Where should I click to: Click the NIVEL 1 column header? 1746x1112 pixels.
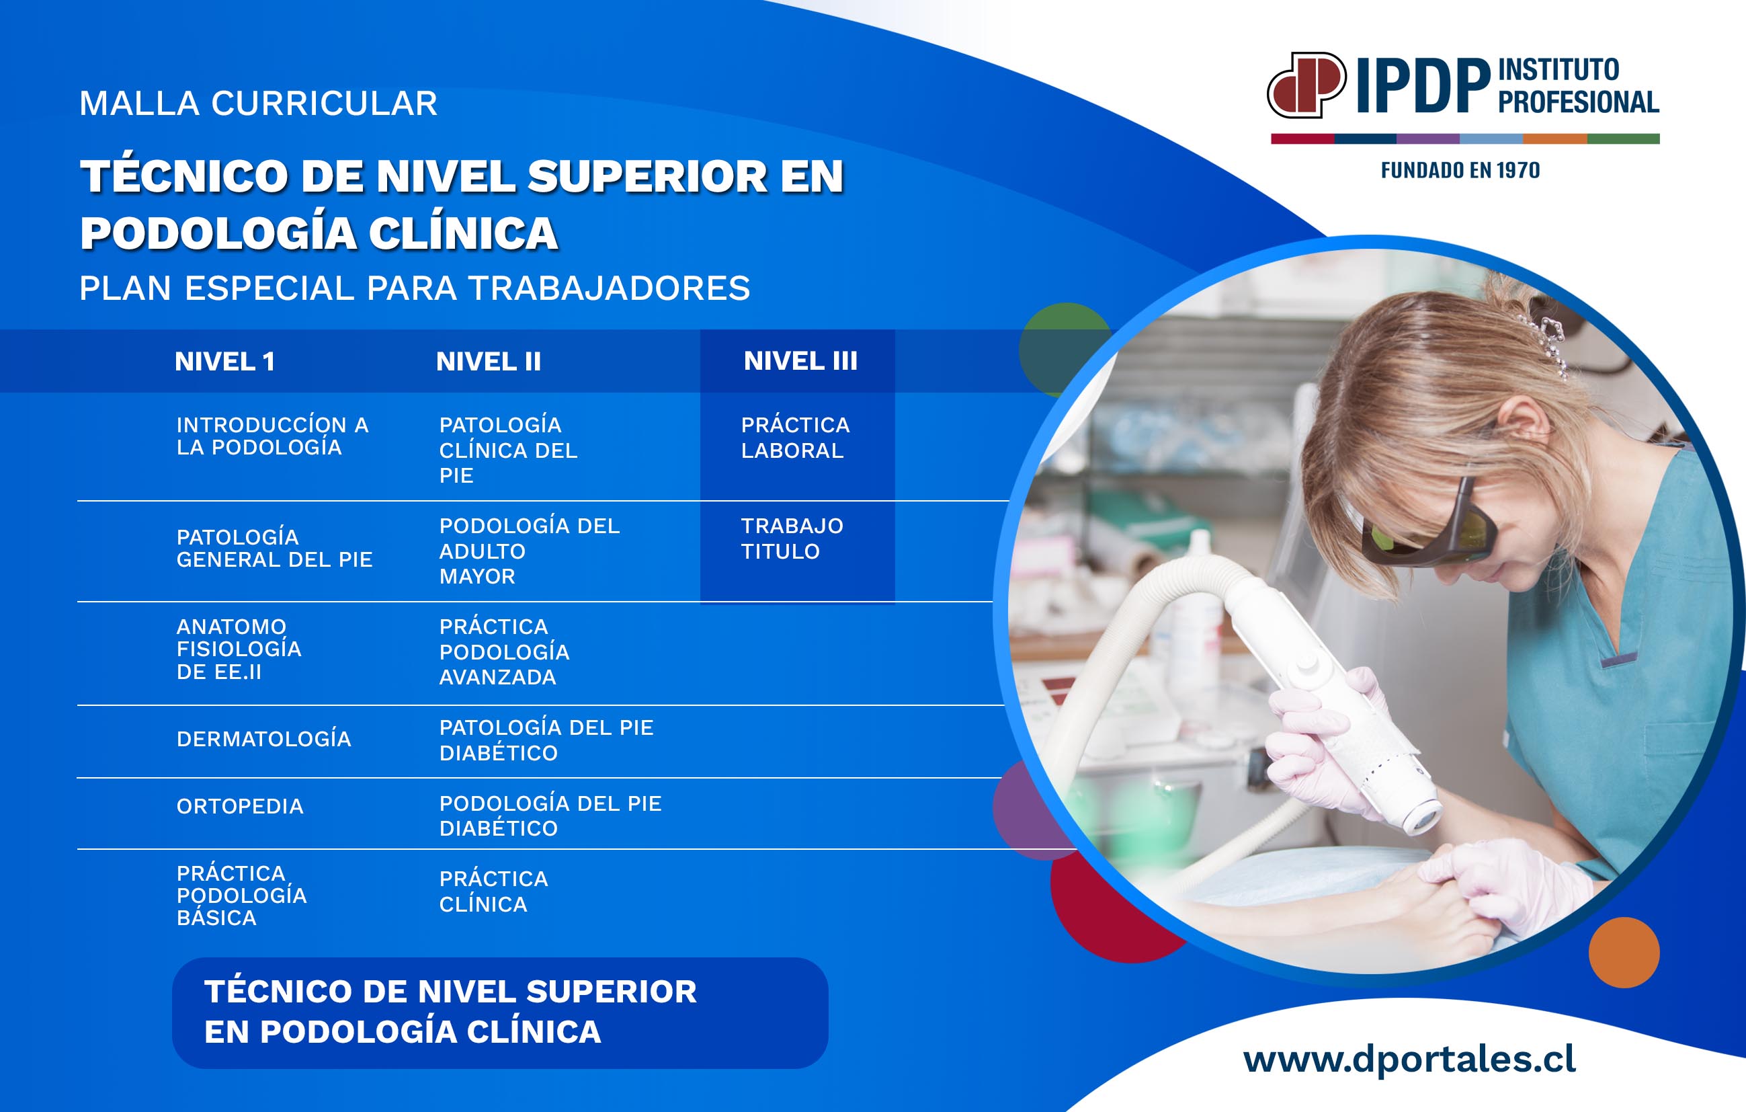(x=224, y=361)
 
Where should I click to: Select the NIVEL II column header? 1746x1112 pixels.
(x=489, y=361)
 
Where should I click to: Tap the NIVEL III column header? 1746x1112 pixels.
(x=800, y=360)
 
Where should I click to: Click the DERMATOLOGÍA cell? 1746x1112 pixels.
(x=264, y=738)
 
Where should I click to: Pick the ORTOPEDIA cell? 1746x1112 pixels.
(x=240, y=806)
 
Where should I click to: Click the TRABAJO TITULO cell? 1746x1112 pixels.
(x=792, y=539)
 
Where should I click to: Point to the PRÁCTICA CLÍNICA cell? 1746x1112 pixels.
(x=494, y=891)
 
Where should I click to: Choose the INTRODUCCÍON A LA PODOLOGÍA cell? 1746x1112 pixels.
(x=273, y=435)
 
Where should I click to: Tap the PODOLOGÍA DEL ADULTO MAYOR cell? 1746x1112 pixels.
(x=530, y=551)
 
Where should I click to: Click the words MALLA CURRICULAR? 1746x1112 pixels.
(x=258, y=104)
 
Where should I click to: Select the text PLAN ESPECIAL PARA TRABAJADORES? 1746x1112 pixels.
(x=415, y=288)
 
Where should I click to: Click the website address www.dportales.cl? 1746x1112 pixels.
(x=1409, y=1059)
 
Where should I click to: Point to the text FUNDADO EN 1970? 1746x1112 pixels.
(x=1460, y=171)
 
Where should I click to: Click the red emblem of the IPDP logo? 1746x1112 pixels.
(x=1306, y=85)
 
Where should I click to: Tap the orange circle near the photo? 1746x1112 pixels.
(x=1624, y=953)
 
